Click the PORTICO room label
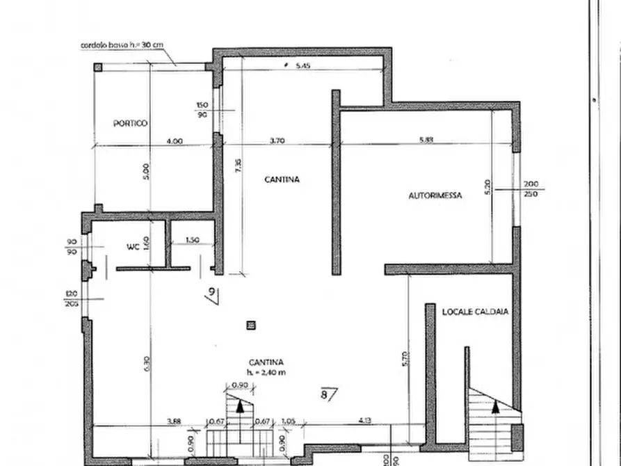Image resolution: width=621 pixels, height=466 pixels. pos(130,123)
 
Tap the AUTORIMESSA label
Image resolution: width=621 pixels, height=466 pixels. pos(435,196)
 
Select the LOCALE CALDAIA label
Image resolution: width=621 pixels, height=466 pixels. pos(475,312)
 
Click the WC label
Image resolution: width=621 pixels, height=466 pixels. pos(133,247)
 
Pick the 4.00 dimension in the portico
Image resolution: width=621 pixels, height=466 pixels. pos(175,140)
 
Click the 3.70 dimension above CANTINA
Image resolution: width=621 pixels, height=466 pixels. pos(277,140)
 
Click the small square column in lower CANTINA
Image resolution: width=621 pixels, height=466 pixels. pos(251,324)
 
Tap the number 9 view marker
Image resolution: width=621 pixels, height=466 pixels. pos(212,292)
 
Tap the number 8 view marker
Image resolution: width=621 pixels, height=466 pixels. pos(325,394)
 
